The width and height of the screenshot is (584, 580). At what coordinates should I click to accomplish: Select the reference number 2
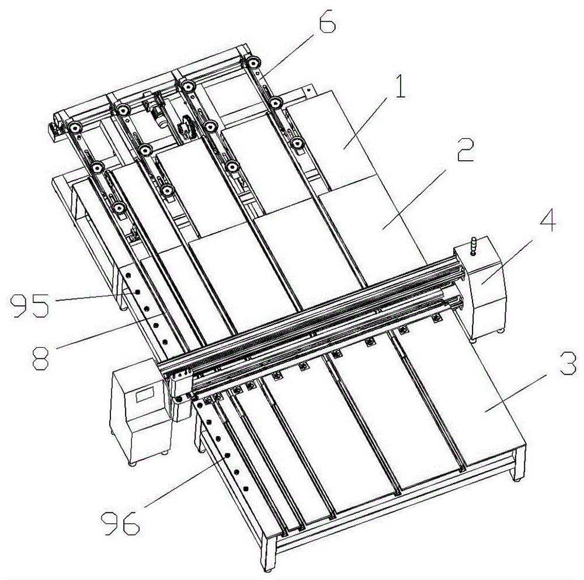click(465, 150)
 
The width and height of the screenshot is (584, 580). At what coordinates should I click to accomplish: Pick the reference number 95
click(30, 305)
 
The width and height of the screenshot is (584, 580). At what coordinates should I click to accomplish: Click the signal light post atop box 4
click(474, 246)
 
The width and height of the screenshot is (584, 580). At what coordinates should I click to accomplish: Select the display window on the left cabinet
click(144, 395)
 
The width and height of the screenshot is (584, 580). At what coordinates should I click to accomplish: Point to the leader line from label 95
click(89, 297)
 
